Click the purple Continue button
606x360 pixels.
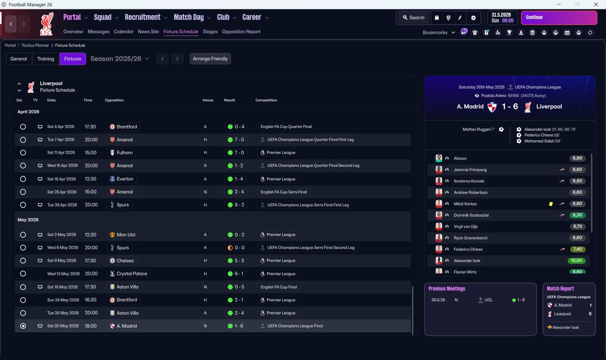559,18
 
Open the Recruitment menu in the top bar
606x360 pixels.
145,18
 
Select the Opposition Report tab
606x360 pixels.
241,32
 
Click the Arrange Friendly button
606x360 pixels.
210,59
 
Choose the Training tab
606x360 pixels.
45,59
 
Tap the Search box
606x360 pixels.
413,18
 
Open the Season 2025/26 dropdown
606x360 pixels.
119,59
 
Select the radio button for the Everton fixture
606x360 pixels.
23,179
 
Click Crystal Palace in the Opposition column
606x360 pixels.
131,274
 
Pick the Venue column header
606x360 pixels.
208,100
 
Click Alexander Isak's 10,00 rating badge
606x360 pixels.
577,261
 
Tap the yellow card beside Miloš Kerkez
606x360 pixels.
551,204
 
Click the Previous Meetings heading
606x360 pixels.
446,288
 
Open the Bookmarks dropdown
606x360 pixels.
439,33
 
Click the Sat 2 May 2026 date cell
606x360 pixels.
62,235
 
